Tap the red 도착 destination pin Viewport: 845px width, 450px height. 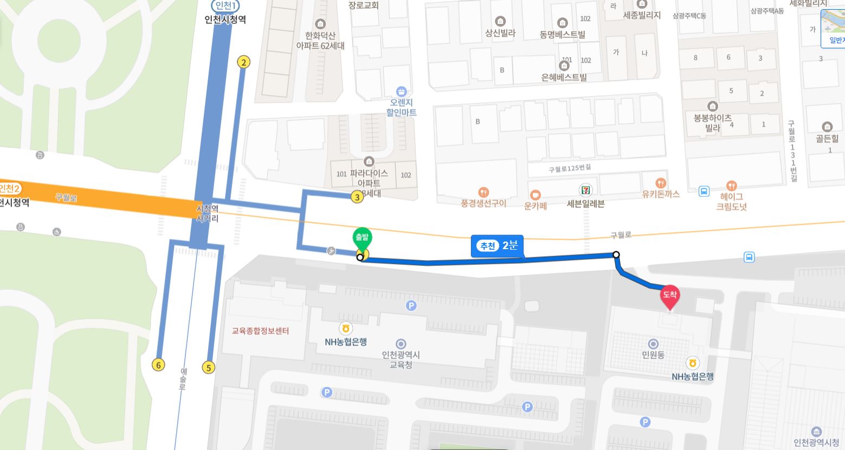click(x=670, y=296)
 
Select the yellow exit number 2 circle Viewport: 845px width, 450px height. click(x=244, y=62)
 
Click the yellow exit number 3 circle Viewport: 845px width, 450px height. click(x=357, y=197)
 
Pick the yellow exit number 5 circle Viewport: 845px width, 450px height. click(x=209, y=367)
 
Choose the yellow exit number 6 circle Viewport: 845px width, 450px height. click(x=158, y=365)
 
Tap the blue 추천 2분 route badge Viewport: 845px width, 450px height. click(x=497, y=246)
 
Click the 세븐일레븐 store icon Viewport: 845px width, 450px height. click(x=585, y=190)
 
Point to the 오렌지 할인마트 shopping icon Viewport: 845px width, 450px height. click(x=401, y=91)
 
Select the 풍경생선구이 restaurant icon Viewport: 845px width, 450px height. click(x=483, y=192)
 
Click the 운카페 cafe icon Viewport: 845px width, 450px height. click(x=536, y=194)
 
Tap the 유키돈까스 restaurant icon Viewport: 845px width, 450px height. click(x=660, y=183)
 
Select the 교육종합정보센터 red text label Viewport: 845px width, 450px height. click(x=260, y=331)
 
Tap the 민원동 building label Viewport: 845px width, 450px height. click(x=653, y=355)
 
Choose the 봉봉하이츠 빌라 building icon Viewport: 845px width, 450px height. click(x=713, y=106)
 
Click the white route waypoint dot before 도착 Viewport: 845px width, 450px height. click(x=616, y=255)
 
